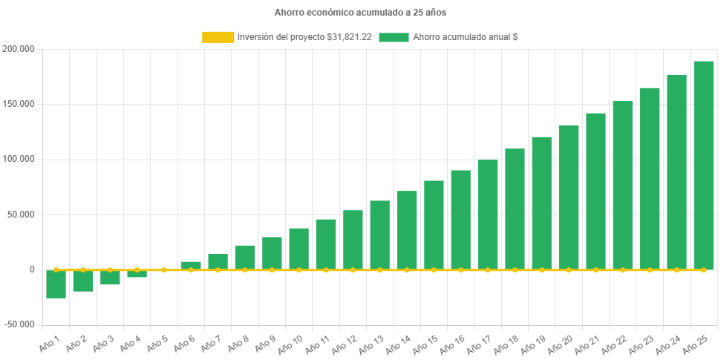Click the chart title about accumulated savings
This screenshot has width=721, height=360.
point(360,13)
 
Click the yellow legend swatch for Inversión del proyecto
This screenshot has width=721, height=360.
point(217,37)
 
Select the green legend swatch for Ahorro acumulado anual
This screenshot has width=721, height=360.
point(394,37)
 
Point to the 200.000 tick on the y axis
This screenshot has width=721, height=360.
point(19,49)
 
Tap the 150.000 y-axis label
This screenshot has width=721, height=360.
point(19,104)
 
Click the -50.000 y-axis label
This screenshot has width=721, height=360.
point(19,324)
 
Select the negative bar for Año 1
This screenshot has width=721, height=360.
point(56,285)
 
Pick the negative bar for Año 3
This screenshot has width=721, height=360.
point(110,278)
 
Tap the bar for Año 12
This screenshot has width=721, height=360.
point(353,240)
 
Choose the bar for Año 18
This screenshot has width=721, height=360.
point(515,209)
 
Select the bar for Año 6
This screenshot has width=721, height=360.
point(191,265)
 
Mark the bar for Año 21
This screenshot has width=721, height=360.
point(596,191)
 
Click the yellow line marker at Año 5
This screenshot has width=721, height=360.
point(164,269)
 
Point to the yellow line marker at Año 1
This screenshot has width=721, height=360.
point(56,269)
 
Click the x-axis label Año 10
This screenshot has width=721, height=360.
point(289,343)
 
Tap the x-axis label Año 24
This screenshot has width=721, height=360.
point(666,343)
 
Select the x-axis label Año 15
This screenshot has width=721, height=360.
point(424,343)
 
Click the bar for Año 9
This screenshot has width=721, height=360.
point(272,253)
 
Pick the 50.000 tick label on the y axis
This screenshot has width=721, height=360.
point(21,215)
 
